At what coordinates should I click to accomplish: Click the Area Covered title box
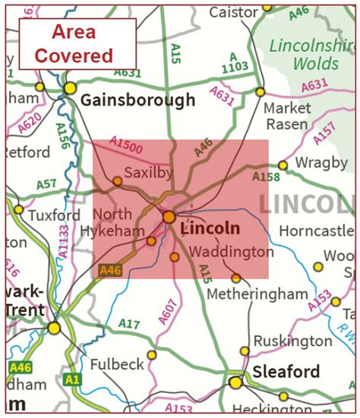pos(77,43)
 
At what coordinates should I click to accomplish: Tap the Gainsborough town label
pos(137,100)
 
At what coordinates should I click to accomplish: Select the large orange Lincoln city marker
pos(169,217)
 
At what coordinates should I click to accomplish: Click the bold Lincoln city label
pos(211,228)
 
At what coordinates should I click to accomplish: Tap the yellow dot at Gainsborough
pos(70,89)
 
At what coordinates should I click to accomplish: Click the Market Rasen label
pos(286,116)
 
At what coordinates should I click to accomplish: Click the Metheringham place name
pos(257,294)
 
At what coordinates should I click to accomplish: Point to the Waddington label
pos(231,251)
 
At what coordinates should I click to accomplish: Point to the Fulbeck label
pos(117,364)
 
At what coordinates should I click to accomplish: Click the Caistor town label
pos(234,12)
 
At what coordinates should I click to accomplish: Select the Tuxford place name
pos(54,215)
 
